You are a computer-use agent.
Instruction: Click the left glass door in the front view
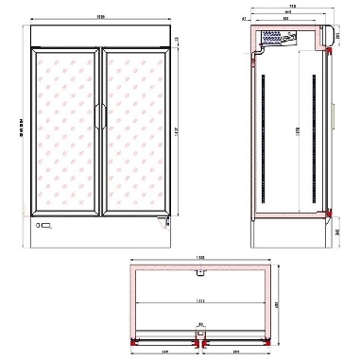click(x=69, y=132)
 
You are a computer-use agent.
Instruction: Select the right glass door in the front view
click(x=136, y=132)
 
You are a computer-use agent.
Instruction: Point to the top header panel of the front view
click(x=103, y=36)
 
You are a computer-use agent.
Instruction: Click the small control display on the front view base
click(x=43, y=226)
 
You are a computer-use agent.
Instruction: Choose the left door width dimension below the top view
click(x=164, y=351)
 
